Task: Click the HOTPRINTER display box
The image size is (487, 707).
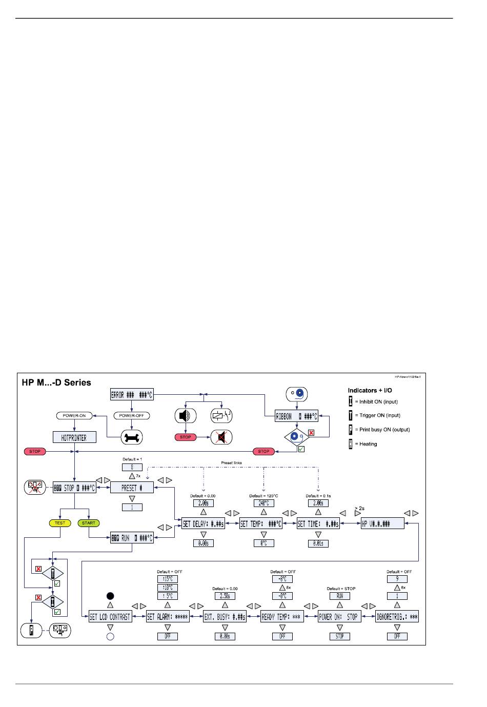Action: (x=74, y=437)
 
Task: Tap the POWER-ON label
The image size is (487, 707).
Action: (x=74, y=416)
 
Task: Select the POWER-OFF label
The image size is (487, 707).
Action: (x=131, y=416)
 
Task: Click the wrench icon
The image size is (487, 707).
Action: (x=131, y=437)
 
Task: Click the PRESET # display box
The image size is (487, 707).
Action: (x=132, y=488)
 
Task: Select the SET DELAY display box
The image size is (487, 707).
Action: (x=203, y=523)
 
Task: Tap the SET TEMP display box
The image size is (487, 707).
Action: (x=261, y=523)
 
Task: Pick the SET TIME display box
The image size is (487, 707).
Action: (x=318, y=523)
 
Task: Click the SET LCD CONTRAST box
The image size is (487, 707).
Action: (x=110, y=617)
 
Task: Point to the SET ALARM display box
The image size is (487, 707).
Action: (x=168, y=617)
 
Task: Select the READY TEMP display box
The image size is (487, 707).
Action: (x=282, y=617)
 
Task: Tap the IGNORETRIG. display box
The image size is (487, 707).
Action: (x=397, y=617)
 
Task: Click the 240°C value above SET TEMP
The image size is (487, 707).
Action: (x=263, y=503)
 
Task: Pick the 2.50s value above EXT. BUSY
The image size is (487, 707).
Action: (x=225, y=596)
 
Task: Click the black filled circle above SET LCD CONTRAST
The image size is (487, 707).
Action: (x=110, y=596)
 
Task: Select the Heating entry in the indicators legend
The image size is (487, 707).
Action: (x=368, y=444)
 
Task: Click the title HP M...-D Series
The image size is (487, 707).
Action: (x=56, y=382)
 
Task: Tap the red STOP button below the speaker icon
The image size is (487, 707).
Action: (x=186, y=437)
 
